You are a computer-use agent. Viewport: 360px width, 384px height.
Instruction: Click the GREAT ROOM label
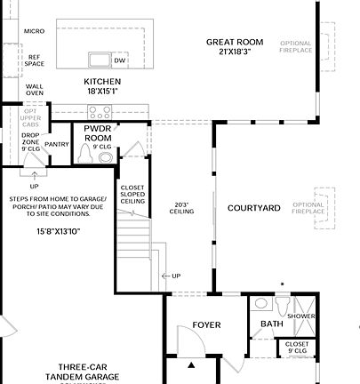pyautogui.click(x=236, y=42)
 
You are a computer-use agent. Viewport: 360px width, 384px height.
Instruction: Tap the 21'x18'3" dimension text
pyautogui.click(x=236, y=52)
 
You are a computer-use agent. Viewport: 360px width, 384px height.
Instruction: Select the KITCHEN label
pyautogui.click(x=102, y=82)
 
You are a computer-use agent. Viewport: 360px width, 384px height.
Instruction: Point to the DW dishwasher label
pyautogui.click(x=119, y=60)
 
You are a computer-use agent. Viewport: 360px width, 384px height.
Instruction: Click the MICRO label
pyautogui.click(x=35, y=31)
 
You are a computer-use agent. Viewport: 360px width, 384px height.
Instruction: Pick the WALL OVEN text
pyautogui.click(x=35, y=88)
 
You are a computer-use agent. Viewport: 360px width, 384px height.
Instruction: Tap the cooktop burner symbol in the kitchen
pyautogui.click(x=100, y=112)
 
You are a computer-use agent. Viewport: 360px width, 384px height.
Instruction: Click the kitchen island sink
pyautogui.click(x=99, y=60)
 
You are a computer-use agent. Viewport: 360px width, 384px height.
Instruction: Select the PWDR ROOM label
pyautogui.click(x=98, y=133)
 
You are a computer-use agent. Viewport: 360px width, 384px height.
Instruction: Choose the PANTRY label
pyautogui.click(x=57, y=144)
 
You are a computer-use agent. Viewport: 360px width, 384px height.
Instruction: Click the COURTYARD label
pyautogui.click(x=253, y=208)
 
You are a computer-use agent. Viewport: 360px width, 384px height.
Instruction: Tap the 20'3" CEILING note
pyautogui.click(x=182, y=208)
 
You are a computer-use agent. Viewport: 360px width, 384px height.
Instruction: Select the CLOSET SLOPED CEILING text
pyautogui.click(x=132, y=194)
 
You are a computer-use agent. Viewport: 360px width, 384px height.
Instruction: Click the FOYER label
pyautogui.click(x=206, y=325)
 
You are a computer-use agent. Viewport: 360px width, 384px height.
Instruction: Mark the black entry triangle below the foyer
pyautogui.click(x=191, y=365)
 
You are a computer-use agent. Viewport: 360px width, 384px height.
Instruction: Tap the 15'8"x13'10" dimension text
pyautogui.click(x=58, y=231)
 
